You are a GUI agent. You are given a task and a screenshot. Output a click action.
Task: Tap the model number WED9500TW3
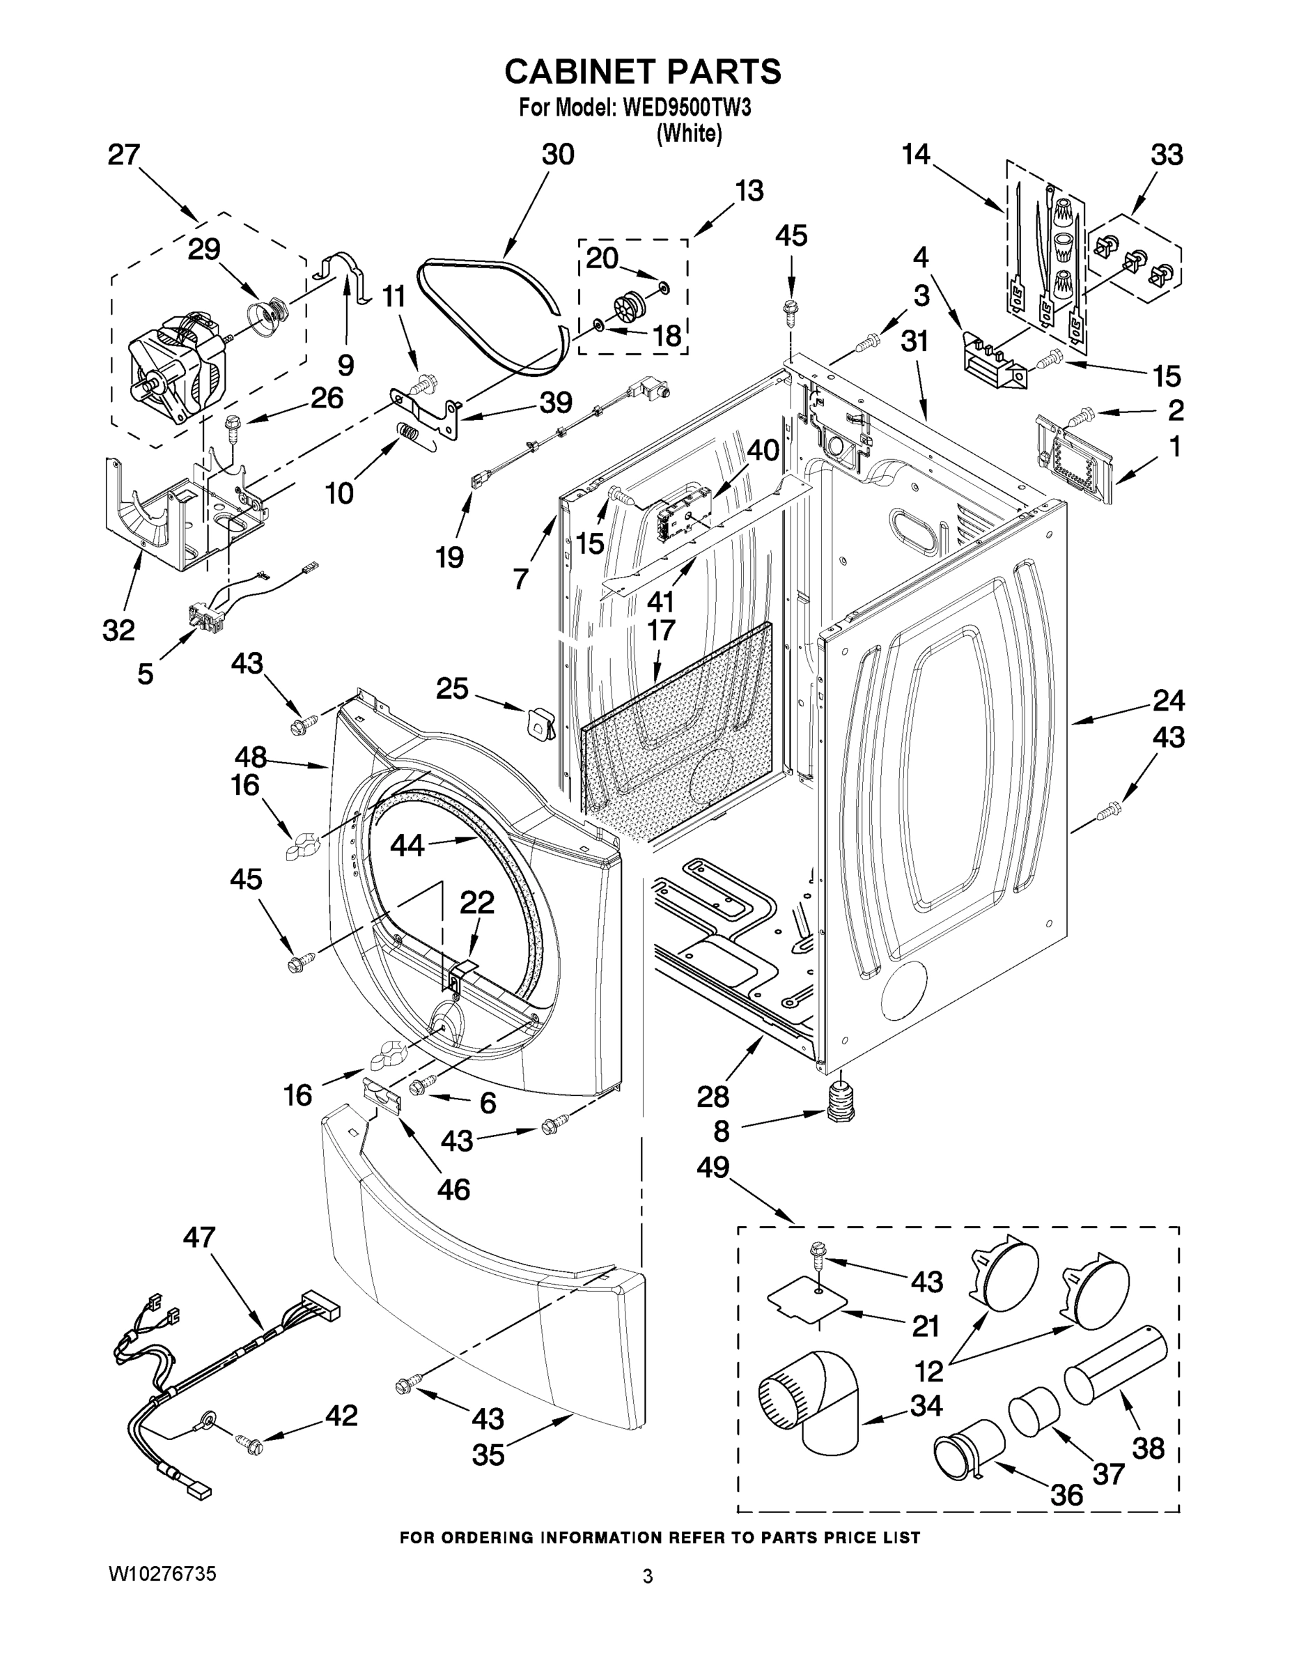coord(687,108)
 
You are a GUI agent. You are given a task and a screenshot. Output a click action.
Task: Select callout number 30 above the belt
coord(557,155)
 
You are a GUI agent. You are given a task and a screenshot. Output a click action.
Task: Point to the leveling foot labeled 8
coord(841,1104)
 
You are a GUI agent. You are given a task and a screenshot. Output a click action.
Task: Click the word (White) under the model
coord(689,133)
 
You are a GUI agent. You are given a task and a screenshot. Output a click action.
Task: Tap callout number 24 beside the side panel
coord(1168,700)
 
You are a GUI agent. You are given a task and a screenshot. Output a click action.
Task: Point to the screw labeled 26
coord(232,425)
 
